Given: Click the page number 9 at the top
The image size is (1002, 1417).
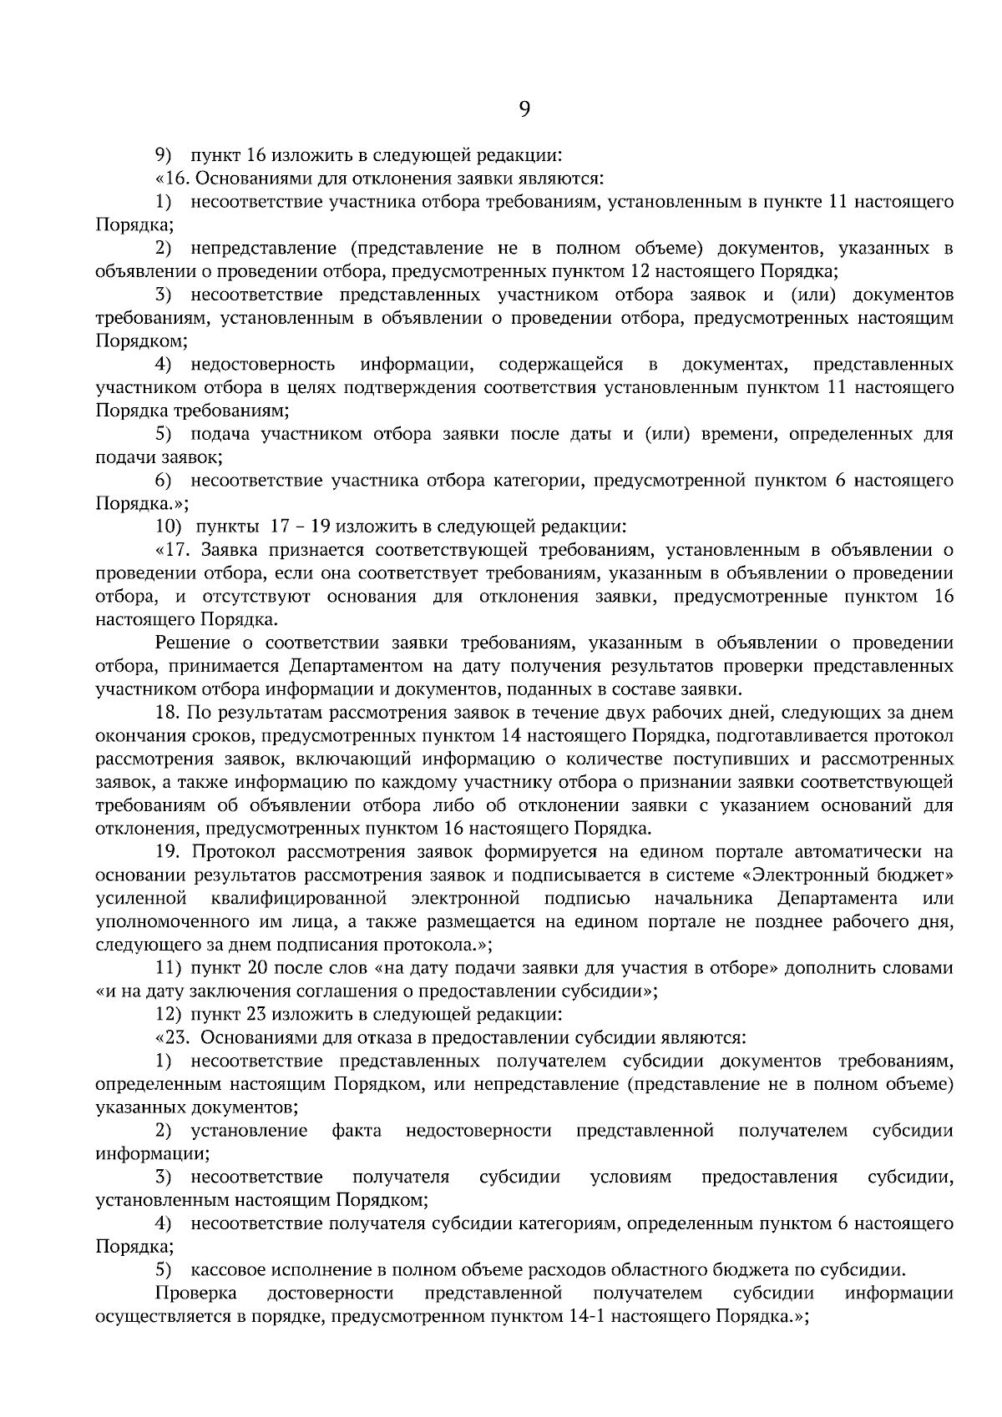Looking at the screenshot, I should point(524,108).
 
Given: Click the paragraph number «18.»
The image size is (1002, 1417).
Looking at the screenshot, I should point(168,713).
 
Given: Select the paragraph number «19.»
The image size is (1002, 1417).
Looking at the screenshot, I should point(169,852).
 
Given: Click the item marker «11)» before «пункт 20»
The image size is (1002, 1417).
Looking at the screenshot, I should point(169,968).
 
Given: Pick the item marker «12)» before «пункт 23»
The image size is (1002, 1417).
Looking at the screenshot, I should point(169,1015).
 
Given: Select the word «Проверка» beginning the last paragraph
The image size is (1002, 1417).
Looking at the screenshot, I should point(196,1293).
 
